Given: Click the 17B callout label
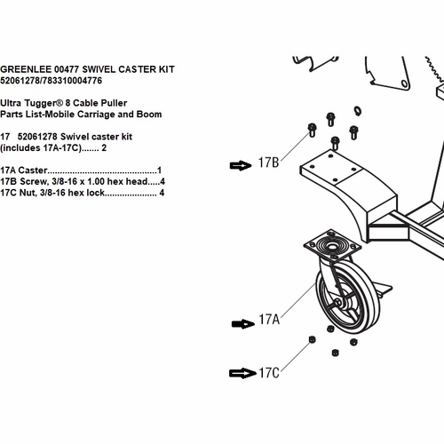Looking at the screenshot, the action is [x=268, y=163].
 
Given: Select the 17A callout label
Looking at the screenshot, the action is [x=269, y=320].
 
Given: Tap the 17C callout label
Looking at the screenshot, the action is [x=269, y=373].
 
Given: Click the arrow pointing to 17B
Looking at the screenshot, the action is [x=241, y=165].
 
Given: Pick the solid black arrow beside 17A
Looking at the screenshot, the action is [x=242, y=324].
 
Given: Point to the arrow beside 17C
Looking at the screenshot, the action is [x=242, y=373].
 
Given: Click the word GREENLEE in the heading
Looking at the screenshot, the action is [x=25, y=69].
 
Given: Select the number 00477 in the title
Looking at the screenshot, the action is [x=67, y=69].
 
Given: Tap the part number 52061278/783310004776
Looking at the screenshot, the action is [x=51, y=81].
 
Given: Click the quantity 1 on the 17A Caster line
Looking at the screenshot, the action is [x=159, y=170].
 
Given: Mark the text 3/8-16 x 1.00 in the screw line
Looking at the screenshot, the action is [x=78, y=181].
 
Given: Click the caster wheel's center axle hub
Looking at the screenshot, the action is [x=337, y=303].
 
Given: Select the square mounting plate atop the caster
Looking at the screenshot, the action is [x=332, y=245].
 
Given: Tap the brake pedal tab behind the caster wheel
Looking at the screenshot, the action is [x=385, y=289].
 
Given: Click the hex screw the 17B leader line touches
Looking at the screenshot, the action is [x=312, y=131].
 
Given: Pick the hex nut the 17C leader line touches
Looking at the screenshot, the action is [x=312, y=339].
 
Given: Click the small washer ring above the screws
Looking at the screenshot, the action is [x=358, y=111].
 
